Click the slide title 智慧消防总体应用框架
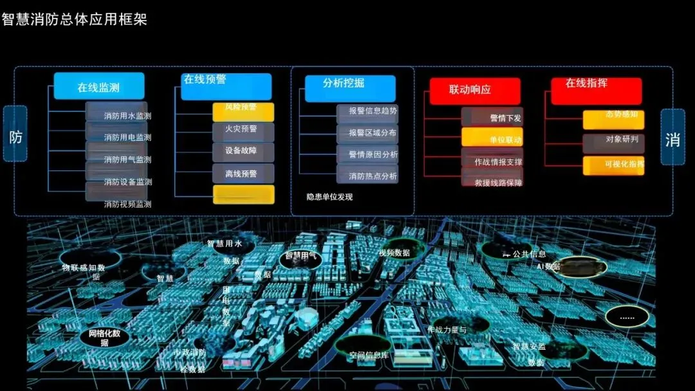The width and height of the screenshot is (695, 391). coord(75,19)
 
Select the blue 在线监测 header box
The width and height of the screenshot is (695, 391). coord(98,87)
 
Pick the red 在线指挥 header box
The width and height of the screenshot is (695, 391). coord(596,90)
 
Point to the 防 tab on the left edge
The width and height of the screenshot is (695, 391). coord(15,137)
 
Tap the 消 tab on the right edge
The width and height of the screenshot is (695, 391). coord(672,138)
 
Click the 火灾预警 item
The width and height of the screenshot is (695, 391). coord(243,131)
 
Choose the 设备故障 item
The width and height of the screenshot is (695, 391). coord(243,152)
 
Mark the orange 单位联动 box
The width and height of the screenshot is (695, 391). coord(492,138)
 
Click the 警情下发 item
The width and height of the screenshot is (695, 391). coord(492,117)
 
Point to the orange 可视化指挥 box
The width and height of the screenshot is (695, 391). coord(613,165)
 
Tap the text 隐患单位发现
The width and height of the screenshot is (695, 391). coord(329,197)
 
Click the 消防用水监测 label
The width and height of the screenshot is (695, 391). coord(127,116)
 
